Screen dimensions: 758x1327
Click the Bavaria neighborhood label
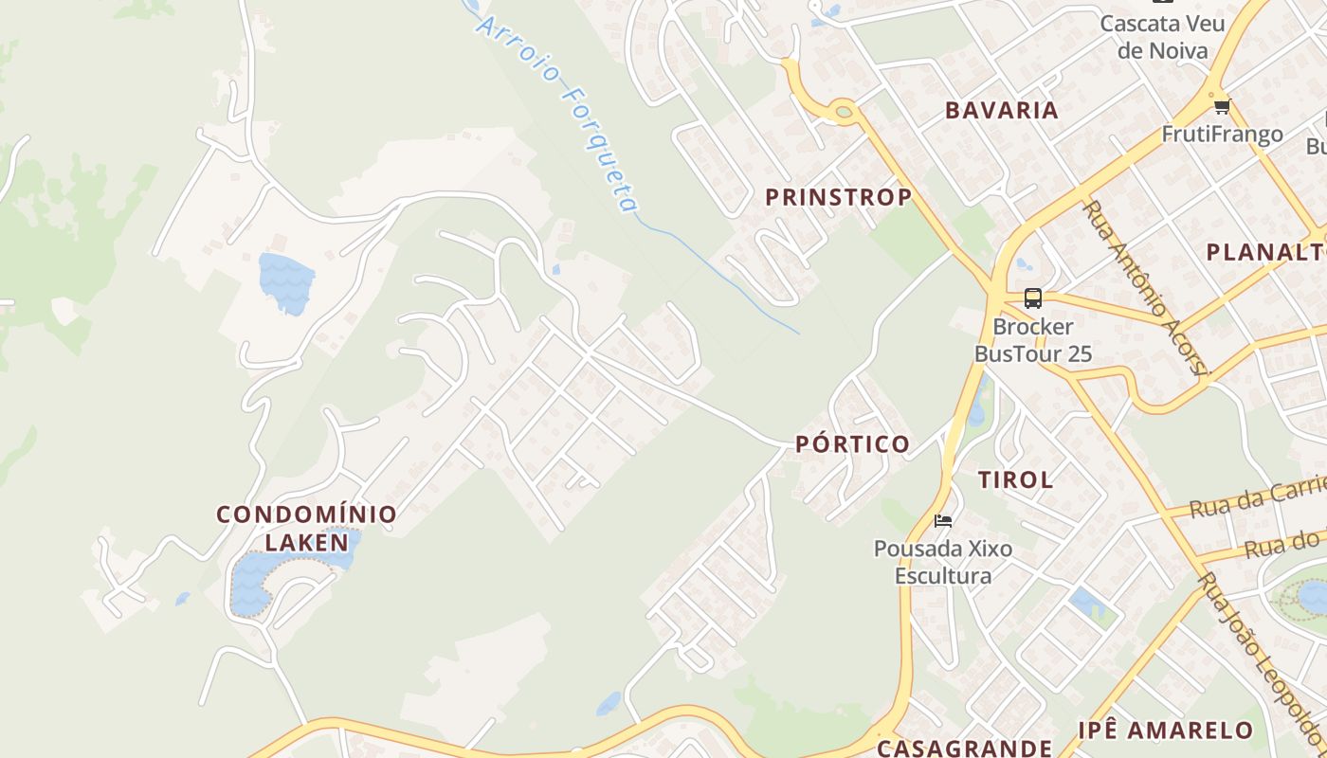(1002, 110)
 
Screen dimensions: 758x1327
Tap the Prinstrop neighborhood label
(838, 197)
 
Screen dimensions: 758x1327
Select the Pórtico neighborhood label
(852, 443)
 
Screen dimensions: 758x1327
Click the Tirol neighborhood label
(1016, 479)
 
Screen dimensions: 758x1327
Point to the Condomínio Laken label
(306, 528)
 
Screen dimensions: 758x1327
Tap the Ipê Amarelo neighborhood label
(1166, 730)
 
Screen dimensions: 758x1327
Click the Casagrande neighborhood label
(964, 748)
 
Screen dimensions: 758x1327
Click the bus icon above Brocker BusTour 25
(1033, 298)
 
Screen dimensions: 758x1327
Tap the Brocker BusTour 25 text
(1033, 341)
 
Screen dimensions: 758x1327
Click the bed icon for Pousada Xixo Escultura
(942, 520)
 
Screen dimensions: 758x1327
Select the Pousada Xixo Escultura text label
(943, 562)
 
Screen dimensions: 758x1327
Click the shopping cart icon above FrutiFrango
(1222, 106)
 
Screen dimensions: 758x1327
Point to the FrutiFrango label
(1222, 135)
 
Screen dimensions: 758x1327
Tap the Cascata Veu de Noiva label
(1162, 36)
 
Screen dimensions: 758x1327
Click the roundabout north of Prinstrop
(843, 112)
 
